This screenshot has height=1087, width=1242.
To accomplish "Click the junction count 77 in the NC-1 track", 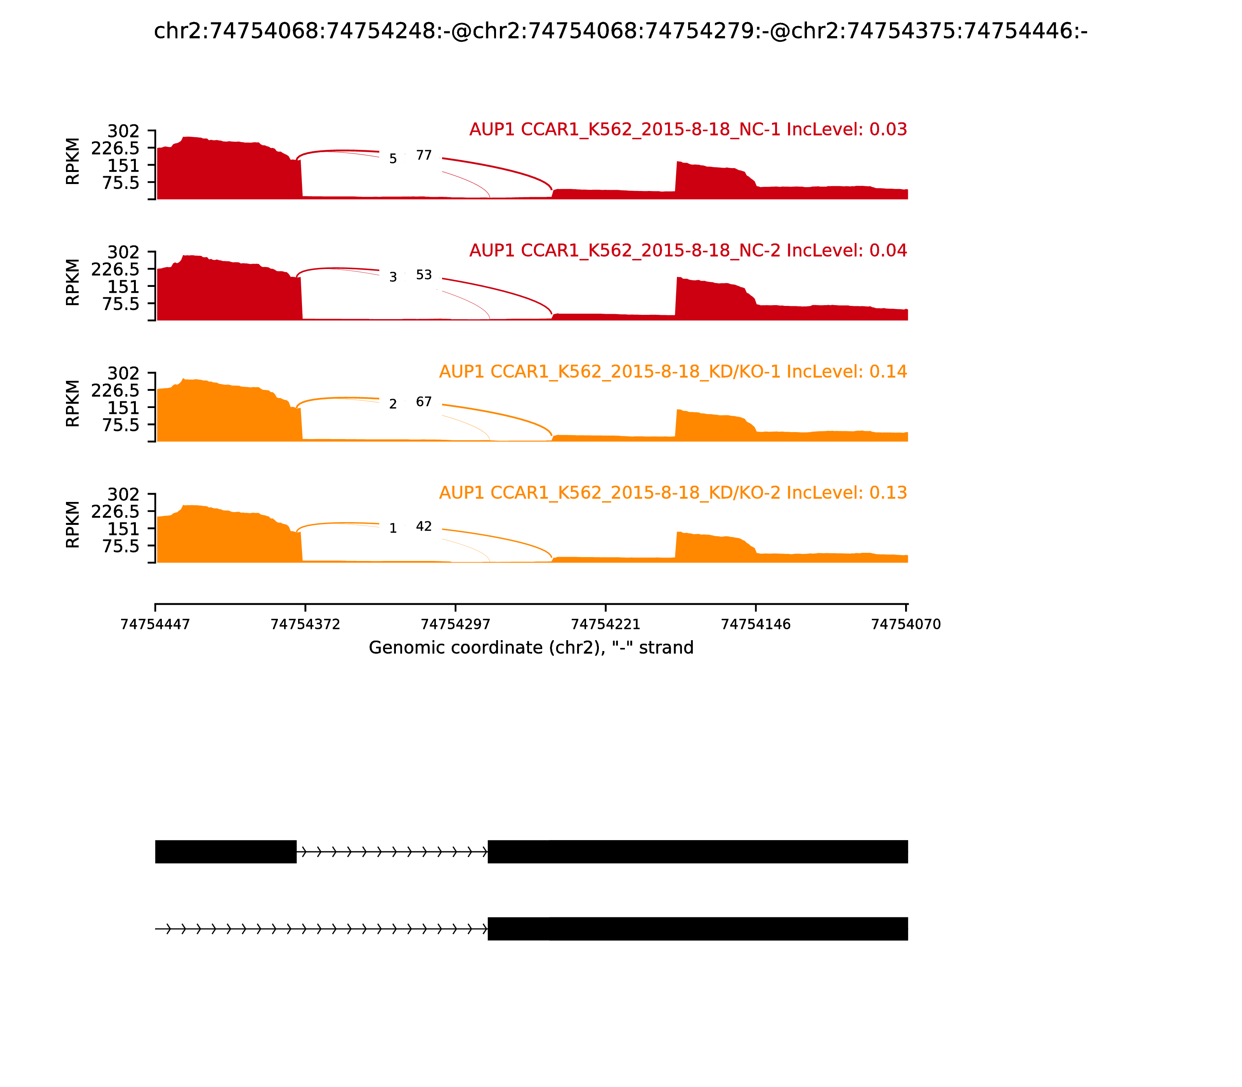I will (x=424, y=155).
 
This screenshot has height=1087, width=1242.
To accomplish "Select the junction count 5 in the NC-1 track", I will (x=393, y=159).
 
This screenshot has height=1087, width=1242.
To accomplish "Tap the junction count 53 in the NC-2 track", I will (x=424, y=275).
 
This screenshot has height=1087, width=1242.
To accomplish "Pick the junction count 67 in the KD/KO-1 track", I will (x=424, y=401).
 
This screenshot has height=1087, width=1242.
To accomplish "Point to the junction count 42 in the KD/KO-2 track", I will (x=424, y=526).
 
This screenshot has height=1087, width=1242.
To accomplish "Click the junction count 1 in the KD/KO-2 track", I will (x=393, y=529).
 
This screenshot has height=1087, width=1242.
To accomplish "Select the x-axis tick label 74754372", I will (x=305, y=624).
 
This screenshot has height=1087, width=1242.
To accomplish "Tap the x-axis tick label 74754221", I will (x=605, y=624).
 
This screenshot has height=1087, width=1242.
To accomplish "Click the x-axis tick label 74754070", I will (x=905, y=624).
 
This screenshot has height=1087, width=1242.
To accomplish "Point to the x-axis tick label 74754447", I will (x=155, y=624).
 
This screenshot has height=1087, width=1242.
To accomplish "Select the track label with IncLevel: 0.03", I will (x=688, y=129).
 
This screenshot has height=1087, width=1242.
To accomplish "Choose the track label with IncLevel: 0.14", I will (x=673, y=371).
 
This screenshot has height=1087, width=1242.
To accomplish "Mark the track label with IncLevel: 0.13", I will (x=673, y=493).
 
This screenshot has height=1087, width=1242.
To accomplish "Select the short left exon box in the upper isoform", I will (x=226, y=852).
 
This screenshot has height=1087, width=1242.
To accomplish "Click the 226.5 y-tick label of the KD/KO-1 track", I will (x=115, y=391).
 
